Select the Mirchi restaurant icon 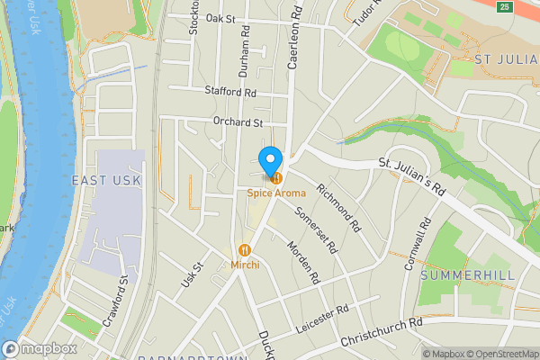pyautogui.click(x=244, y=249)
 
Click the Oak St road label pyautogui.click(x=220, y=18)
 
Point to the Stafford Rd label pyautogui.click(x=231, y=92)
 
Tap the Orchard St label pyautogui.click(x=238, y=122)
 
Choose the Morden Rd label pyautogui.click(x=302, y=263)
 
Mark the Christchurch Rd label pyautogui.click(x=382, y=333)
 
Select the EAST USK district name pyautogui.click(x=107, y=181)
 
